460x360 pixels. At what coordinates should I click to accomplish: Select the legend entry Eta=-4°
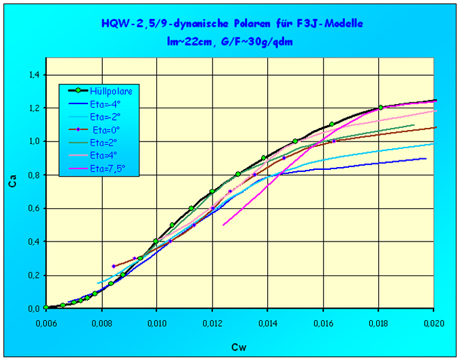point(101,103)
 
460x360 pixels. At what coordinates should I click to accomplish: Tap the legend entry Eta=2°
point(101,141)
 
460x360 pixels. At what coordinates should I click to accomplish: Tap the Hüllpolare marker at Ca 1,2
point(381,108)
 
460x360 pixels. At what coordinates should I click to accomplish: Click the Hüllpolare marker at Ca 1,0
point(295,141)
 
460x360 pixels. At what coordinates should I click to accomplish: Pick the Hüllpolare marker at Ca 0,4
point(156,241)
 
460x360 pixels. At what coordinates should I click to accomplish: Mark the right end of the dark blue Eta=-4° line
point(426,158)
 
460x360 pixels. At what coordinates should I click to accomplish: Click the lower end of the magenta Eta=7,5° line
point(223,224)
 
